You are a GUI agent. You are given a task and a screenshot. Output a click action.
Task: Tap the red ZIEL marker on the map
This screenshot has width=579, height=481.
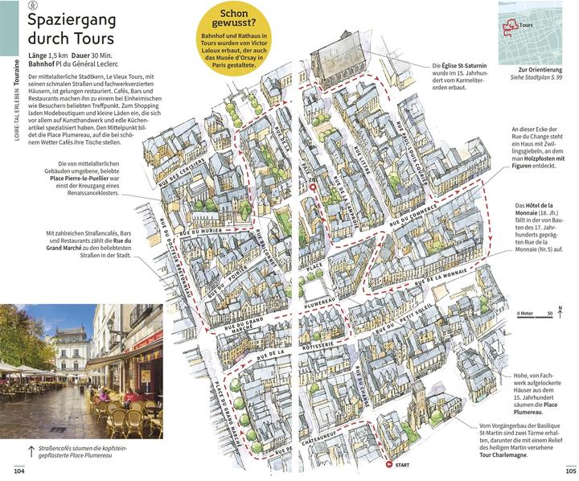pos(313,188)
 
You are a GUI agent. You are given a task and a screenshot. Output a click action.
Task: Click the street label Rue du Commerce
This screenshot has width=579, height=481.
pos(412,215)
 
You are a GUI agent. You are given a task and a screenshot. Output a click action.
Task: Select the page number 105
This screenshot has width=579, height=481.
pos(563,470)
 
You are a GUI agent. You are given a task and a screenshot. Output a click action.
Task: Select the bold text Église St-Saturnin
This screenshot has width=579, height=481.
pos(462,65)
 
